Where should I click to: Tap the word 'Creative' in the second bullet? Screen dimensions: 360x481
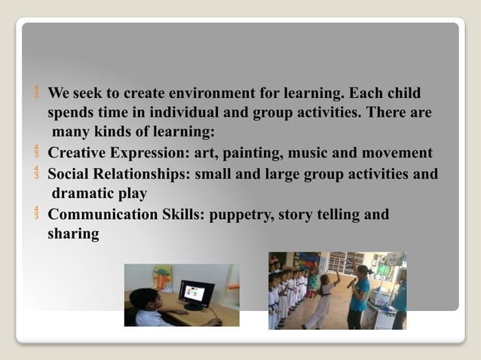tap(78, 154)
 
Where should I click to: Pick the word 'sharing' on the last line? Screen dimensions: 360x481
tap(73, 234)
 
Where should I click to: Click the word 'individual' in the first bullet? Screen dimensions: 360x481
tap(199, 114)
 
